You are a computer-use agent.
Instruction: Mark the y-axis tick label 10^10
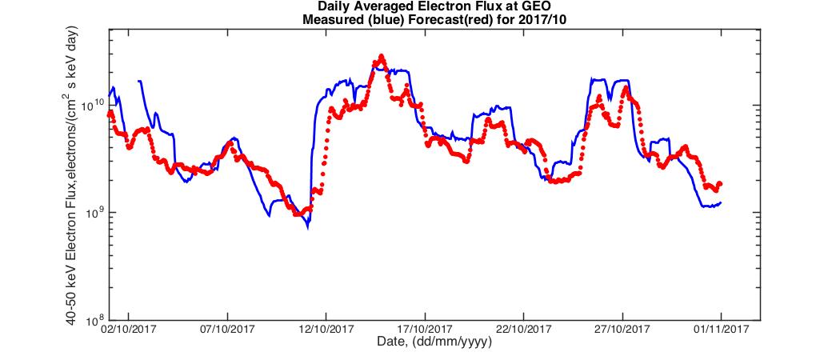tap(93, 105)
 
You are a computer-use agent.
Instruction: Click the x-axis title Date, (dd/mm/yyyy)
tap(434, 342)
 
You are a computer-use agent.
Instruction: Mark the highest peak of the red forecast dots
tap(382, 56)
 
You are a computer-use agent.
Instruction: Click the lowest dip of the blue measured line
tap(307, 228)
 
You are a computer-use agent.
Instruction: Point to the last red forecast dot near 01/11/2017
tap(720, 184)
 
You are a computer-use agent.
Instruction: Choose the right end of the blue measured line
tap(721, 202)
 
